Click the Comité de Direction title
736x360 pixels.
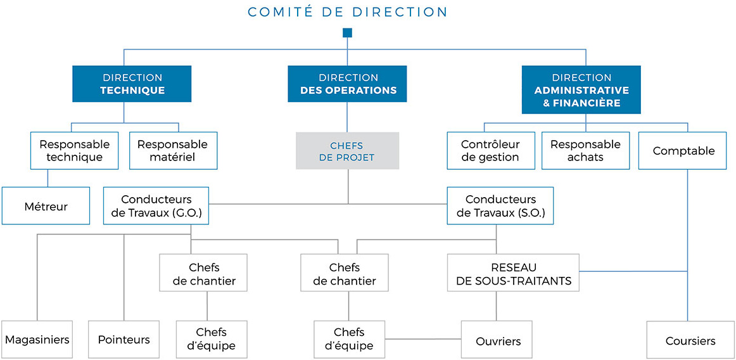point(347,12)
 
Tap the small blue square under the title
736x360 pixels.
point(347,32)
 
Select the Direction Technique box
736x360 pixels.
point(132,84)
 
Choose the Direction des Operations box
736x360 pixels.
point(347,84)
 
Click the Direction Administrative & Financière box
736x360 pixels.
point(581,89)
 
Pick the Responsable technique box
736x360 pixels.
point(74,150)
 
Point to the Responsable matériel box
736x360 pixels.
point(173,150)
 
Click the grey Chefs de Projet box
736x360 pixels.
point(347,150)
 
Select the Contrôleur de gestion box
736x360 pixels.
point(490,150)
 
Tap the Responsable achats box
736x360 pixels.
point(585,150)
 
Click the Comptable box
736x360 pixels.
point(687,150)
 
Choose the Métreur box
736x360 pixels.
point(46,206)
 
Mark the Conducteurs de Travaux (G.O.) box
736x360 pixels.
point(156,206)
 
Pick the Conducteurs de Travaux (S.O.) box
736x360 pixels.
point(500,206)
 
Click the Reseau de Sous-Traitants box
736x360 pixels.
point(514,274)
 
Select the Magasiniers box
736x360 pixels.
point(37,339)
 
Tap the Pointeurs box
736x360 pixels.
point(124,339)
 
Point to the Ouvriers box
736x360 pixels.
point(497,339)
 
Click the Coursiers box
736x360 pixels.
point(690,339)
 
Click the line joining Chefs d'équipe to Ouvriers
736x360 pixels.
point(423,339)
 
